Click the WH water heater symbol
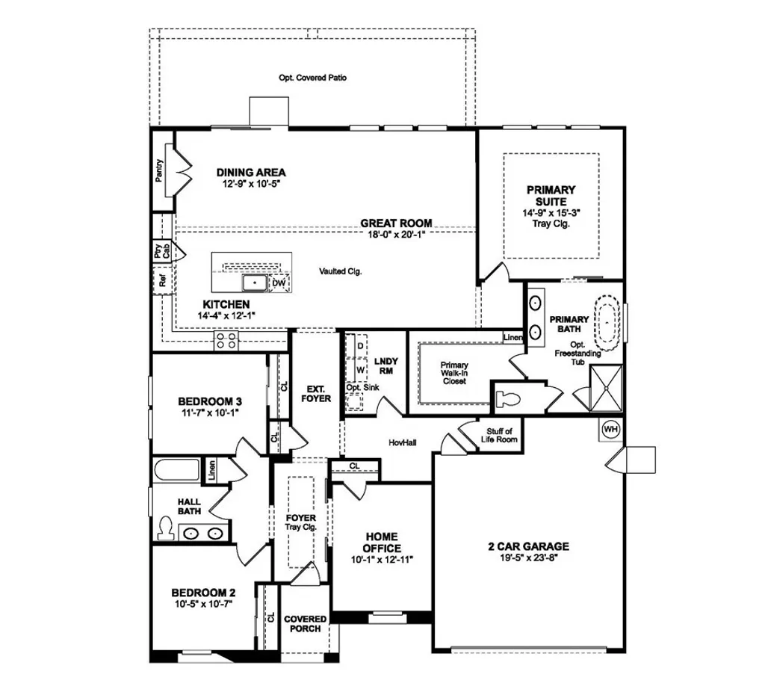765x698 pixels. point(610,430)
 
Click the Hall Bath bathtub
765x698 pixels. point(177,472)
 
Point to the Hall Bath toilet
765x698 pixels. point(166,529)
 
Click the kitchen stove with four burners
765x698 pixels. point(227,342)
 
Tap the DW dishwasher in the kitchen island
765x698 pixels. point(278,283)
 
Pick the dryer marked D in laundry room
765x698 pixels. point(360,347)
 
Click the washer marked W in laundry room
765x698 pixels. point(360,369)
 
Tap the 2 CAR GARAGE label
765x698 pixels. point(524,546)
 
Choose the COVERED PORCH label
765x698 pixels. point(305,624)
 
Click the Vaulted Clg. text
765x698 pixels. point(340,272)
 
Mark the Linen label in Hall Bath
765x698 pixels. point(211,470)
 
